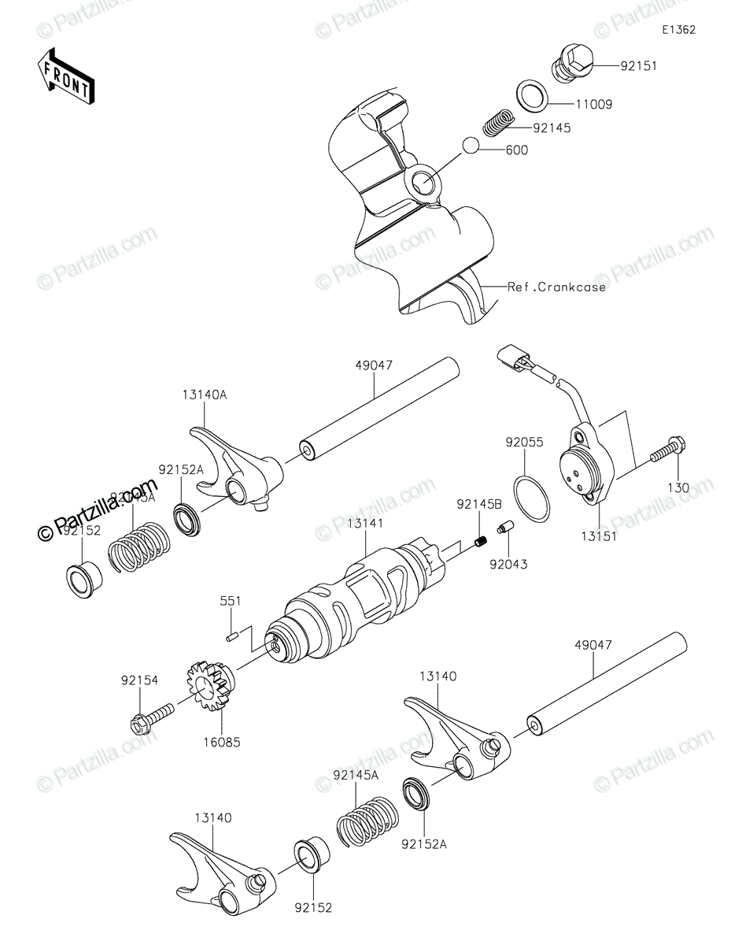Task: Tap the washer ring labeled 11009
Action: pos(533,94)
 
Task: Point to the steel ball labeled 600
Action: pos(471,146)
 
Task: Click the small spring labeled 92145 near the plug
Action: pos(498,123)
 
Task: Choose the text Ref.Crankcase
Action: pos(556,287)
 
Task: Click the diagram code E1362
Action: pos(678,30)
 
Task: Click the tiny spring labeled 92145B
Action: pos(481,540)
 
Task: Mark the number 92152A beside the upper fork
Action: pos(181,470)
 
